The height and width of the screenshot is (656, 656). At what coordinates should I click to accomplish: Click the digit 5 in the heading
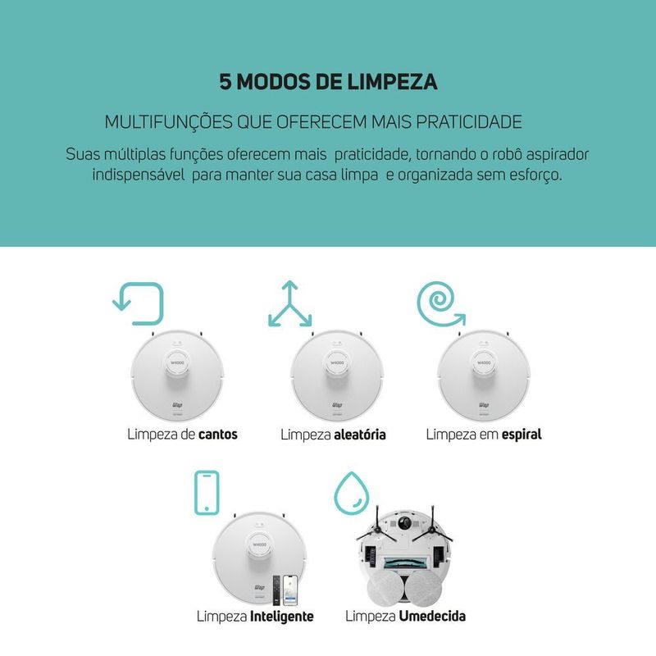tap(225, 81)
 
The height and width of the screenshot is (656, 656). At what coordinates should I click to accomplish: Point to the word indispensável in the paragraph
tap(138, 175)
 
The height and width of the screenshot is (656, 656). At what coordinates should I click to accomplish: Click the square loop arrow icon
tap(139, 303)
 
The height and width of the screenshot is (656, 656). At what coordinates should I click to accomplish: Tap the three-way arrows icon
tap(289, 303)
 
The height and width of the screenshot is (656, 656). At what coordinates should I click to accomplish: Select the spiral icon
tap(440, 303)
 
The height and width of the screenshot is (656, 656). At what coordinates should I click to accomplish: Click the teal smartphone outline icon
tap(207, 493)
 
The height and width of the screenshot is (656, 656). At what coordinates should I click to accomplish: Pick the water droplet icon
tap(352, 493)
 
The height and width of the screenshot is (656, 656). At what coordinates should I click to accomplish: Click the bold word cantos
tap(218, 435)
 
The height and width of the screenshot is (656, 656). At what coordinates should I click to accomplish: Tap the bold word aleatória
tap(360, 435)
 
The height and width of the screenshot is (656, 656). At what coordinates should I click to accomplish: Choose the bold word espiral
tap(522, 435)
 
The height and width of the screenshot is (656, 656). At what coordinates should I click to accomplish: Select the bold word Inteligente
tap(281, 617)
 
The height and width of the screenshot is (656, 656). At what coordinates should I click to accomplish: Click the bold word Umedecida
tap(432, 617)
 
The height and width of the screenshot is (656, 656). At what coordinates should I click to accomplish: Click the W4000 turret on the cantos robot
tap(177, 363)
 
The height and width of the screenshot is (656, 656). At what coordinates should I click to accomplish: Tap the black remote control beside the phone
tap(276, 590)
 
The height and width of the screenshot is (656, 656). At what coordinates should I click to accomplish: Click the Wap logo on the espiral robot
tap(483, 405)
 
